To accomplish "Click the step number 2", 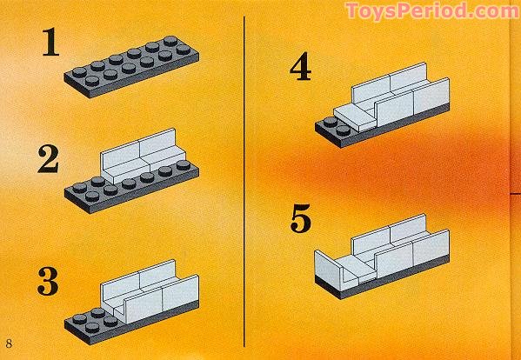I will pos(48,161).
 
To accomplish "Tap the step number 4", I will pos(300,67).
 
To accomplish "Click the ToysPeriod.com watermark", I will pos(431,12).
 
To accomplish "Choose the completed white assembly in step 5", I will pos(383,252).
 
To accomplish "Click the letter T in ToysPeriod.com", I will pos(353,11).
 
